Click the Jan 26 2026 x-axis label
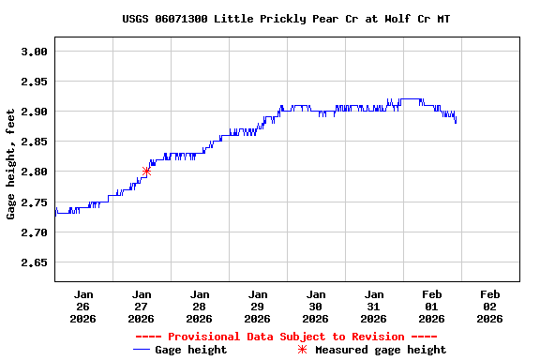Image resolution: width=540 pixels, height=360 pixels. pyautogui.click(x=83, y=306)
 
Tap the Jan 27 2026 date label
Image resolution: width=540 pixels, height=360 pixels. pyautogui.click(x=142, y=306)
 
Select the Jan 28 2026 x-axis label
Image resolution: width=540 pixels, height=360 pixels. pyautogui.click(x=200, y=306)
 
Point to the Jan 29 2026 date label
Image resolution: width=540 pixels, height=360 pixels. pyautogui.click(x=258, y=306)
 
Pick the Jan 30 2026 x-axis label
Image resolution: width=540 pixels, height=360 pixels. pyautogui.click(x=316, y=306)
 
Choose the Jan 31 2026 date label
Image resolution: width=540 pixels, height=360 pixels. pyautogui.click(x=374, y=306)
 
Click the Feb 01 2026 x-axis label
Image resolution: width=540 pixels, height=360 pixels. pyautogui.click(x=432, y=306)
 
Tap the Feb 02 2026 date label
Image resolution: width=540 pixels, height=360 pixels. pyautogui.click(x=490, y=306)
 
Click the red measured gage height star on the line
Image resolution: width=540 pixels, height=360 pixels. pyautogui.click(x=146, y=171)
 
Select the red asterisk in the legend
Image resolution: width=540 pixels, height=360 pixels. pyautogui.click(x=302, y=350)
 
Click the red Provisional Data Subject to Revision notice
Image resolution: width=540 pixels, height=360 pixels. pyautogui.click(x=286, y=337)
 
